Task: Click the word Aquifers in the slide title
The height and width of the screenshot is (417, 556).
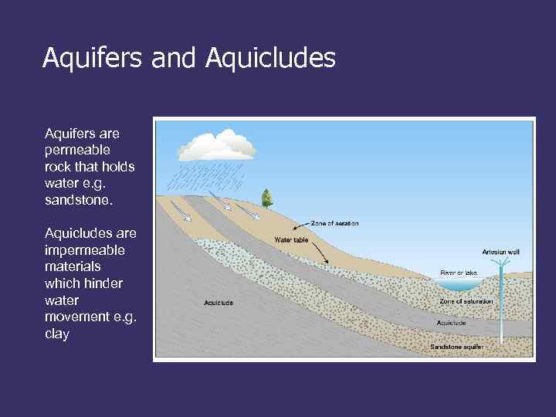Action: coord(90,58)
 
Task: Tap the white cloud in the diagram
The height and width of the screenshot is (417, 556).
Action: coord(218,145)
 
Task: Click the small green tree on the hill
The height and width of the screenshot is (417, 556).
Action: coord(267,198)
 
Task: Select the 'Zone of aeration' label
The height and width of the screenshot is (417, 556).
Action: coord(334,224)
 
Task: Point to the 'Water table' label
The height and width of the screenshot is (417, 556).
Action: coord(291,239)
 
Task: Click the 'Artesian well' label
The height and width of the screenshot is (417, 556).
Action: coord(500,252)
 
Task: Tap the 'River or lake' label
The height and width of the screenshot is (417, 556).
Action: coord(459,273)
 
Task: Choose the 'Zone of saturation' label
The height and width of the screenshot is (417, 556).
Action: coord(466,301)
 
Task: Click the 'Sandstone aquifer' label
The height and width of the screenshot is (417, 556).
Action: coord(457,347)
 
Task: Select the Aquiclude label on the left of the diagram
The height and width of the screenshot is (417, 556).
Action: coord(219,303)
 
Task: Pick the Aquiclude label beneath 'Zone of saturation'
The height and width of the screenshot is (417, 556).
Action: coord(451,323)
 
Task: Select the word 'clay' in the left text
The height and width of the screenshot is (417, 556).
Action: coord(57,334)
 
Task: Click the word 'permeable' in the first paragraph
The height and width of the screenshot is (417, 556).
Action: coord(77,150)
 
